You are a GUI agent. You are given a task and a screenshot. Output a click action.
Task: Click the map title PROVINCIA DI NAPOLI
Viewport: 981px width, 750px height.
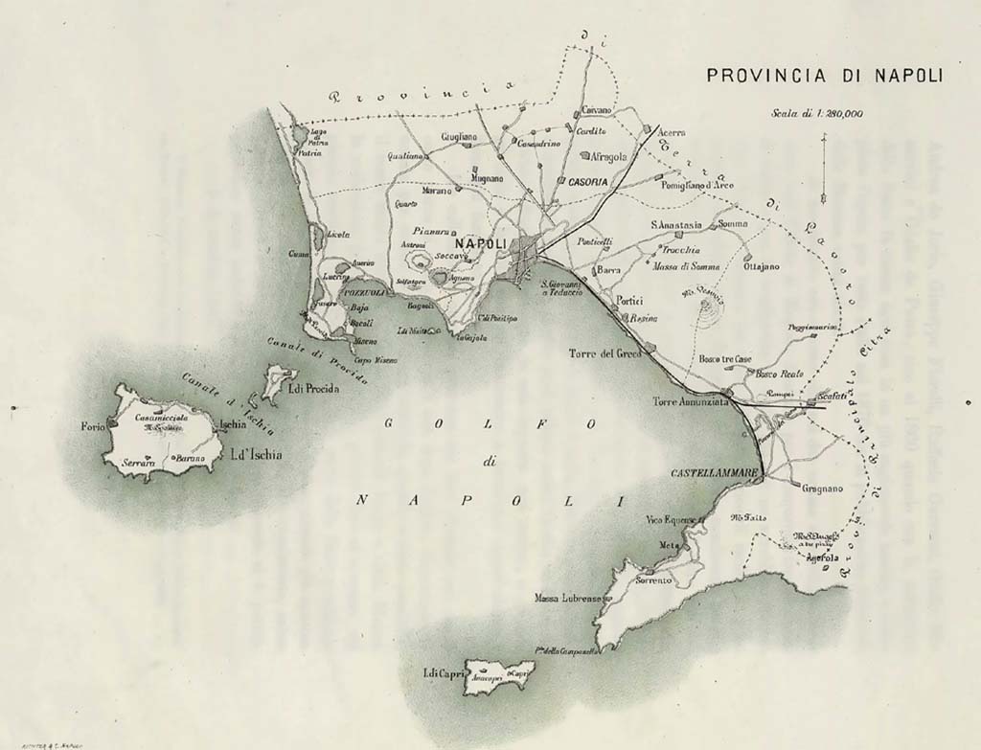[823, 75]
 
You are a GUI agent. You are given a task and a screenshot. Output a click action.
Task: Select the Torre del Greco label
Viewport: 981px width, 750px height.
[603, 352]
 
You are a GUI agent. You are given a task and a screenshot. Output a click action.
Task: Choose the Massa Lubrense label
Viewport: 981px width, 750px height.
[567, 599]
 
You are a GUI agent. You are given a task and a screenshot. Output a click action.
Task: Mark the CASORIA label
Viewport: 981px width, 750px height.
[585, 181]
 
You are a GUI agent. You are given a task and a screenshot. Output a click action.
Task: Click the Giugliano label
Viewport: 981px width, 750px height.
[459, 138]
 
